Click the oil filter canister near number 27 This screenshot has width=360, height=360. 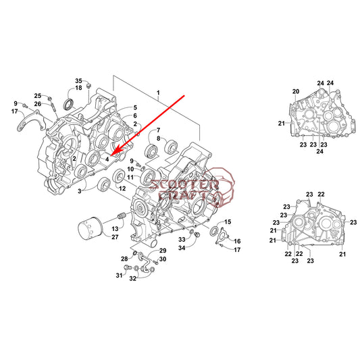pyautogui.click(x=90, y=228)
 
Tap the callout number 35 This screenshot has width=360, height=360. pyautogui.click(x=78, y=81)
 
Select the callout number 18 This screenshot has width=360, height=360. pyautogui.click(x=78, y=88)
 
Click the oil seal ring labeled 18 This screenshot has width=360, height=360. pyautogui.click(x=69, y=104)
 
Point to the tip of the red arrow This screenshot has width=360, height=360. pyautogui.click(x=111, y=156)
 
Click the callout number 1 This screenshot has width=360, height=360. pyautogui.click(x=158, y=93)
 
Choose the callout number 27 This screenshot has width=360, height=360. pyautogui.click(x=115, y=237)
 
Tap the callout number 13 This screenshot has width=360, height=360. pyautogui.click(x=115, y=229)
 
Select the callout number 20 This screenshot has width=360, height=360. pyautogui.click(x=296, y=91)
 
